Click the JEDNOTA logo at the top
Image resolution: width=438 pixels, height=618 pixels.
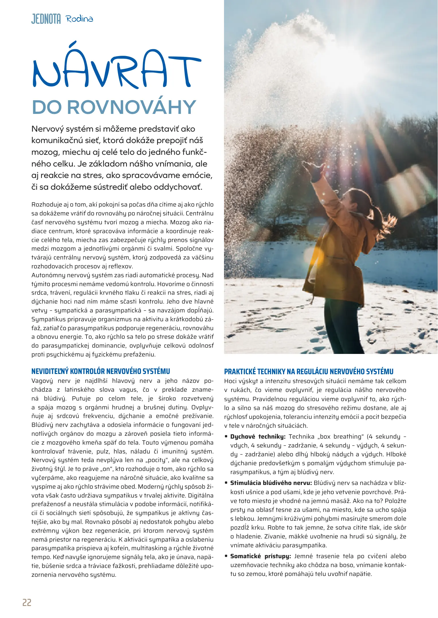46,19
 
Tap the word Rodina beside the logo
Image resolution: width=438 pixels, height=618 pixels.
79,19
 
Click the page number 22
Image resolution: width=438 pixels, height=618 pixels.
27,603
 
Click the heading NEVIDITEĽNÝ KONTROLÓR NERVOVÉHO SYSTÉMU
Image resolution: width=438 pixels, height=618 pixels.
101,371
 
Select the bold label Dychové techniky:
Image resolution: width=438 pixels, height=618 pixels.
258,437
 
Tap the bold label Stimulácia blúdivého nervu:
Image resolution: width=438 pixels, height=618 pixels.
271,483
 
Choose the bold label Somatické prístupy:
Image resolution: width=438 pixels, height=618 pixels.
260,556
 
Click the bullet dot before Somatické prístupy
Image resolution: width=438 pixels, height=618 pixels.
226,556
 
